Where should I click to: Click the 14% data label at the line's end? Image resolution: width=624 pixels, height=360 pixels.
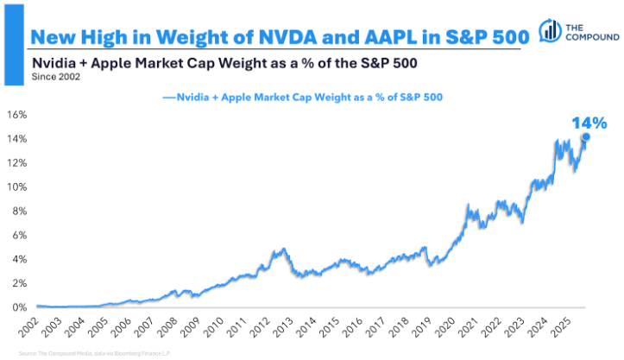pyautogui.click(x=589, y=123)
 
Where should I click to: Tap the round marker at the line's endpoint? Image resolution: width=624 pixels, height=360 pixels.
pyautogui.click(x=586, y=136)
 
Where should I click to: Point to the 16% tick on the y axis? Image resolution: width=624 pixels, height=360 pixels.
pyautogui.click(x=17, y=115)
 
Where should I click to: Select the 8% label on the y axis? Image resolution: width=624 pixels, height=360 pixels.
pyautogui.click(x=20, y=212)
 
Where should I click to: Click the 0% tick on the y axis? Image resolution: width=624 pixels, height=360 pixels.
pyautogui.click(x=20, y=307)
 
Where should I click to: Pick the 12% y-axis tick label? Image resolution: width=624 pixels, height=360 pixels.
pyautogui.click(x=17, y=163)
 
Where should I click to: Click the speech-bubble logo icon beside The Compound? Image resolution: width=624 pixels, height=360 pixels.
pyautogui.click(x=548, y=29)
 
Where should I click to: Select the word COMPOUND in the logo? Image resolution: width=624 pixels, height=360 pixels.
pyautogui.click(x=591, y=39)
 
